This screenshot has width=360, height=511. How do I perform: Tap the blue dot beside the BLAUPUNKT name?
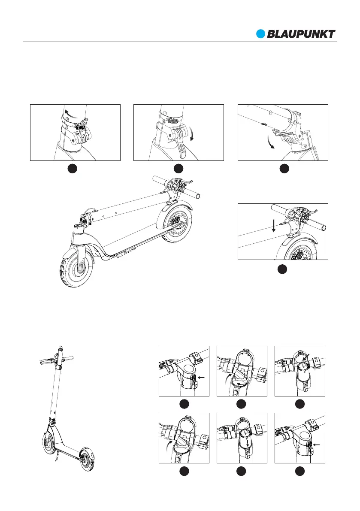click(x=261, y=34)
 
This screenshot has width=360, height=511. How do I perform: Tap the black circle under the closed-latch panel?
click(x=75, y=169)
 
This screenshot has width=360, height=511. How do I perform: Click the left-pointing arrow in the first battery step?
click(x=202, y=378)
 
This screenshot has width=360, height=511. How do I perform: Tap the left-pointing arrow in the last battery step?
click(x=317, y=445)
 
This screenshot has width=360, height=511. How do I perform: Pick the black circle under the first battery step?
click(x=184, y=404)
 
